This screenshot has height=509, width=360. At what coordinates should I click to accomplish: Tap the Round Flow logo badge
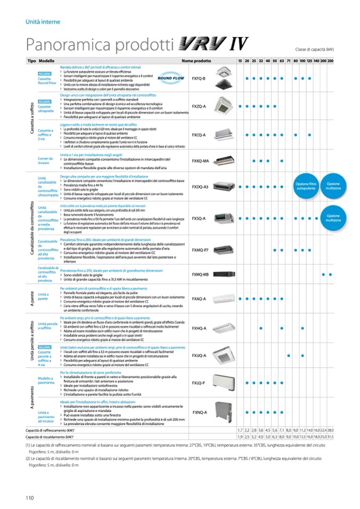[169, 77]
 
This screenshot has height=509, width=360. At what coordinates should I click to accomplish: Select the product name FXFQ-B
[199, 78]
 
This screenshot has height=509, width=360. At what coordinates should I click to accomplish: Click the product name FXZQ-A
[199, 106]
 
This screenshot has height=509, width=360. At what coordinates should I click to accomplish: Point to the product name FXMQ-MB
[200, 274]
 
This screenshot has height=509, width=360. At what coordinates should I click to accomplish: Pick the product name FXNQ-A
[199, 412]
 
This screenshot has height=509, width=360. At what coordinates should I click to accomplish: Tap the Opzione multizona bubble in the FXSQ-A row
[333, 218]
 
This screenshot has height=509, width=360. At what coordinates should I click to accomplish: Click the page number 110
[30, 497]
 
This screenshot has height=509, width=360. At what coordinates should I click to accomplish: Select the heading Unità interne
[43, 22]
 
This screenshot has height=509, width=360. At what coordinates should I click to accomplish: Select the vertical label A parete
[31, 298]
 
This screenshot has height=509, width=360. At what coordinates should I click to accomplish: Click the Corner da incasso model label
[45, 160]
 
